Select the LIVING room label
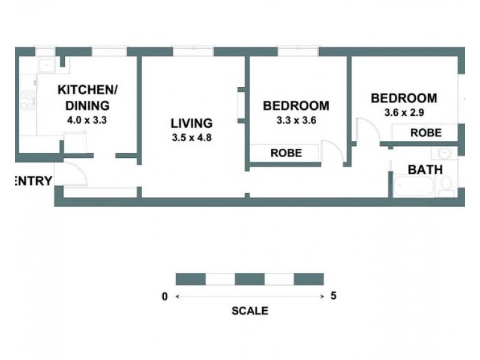191,124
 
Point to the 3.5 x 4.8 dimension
191,137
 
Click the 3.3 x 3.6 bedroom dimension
296,120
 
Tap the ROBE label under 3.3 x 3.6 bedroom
286,153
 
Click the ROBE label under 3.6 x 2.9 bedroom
425,133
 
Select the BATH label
425,170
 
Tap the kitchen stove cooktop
27,100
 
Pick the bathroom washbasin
445,152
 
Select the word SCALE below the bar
250,311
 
